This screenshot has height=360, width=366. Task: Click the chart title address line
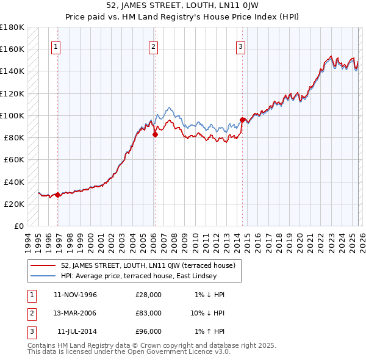(182, 5)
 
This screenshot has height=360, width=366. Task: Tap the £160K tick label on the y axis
(12, 49)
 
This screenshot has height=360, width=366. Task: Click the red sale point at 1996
(57, 195)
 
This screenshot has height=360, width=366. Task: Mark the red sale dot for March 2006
(155, 135)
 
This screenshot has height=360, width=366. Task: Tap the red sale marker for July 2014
(242, 120)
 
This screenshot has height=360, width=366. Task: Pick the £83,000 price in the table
(148, 313)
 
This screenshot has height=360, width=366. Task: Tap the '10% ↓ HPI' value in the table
(209, 313)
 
